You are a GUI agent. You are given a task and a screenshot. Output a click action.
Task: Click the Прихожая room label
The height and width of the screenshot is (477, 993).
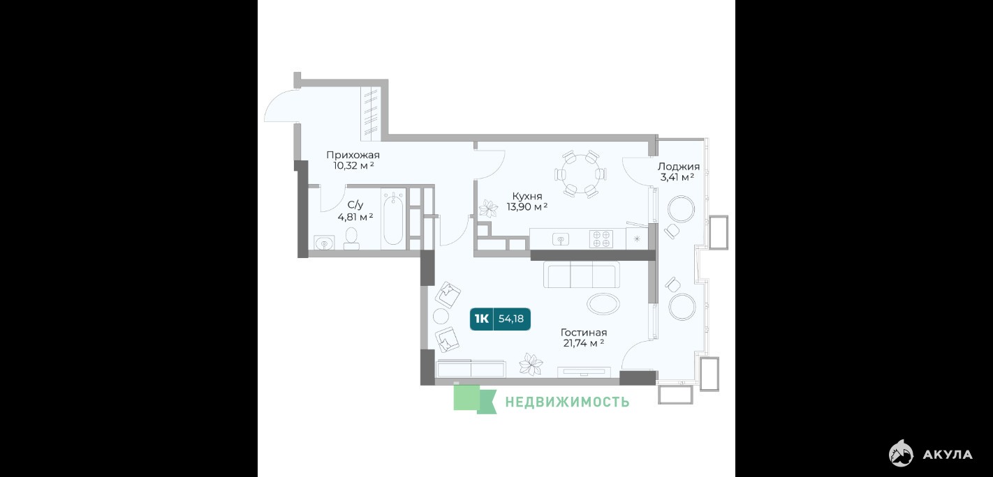tap(353, 155)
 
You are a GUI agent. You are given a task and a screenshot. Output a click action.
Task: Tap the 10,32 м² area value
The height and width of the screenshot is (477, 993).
tap(353, 166)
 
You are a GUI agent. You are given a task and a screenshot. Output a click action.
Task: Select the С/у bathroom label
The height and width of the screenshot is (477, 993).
tap(355, 204)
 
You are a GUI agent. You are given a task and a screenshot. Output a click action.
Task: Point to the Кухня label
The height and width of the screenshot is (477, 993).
tap(527, 196)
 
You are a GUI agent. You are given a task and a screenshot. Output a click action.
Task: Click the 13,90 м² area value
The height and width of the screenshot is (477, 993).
tap(527, 207)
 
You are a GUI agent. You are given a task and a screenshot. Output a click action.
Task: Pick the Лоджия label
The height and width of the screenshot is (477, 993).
tap(678, 167)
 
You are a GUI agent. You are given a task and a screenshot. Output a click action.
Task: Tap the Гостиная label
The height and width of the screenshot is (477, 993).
tap(583, 332)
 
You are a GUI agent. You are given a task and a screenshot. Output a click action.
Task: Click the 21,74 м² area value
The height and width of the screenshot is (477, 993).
tap(583, 343)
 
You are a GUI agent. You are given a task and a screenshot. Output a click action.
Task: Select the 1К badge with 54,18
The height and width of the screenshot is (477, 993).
tap(500, 319)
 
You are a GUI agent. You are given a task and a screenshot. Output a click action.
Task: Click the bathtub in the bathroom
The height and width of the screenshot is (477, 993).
tap(393, 219)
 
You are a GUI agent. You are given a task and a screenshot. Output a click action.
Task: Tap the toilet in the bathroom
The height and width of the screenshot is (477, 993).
tap(351, 238)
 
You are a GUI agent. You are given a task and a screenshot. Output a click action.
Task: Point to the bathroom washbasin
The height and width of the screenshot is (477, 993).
tap(325, 243)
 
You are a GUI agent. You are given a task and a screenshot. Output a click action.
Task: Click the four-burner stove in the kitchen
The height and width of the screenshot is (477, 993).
tap(601, 239)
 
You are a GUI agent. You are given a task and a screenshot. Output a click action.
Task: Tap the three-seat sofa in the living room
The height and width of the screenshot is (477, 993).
tap(582, 275)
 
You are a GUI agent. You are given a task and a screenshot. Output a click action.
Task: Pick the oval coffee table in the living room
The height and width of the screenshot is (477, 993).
tap(603, 304)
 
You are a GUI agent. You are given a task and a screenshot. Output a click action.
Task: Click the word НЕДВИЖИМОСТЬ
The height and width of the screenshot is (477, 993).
tap(567, 402)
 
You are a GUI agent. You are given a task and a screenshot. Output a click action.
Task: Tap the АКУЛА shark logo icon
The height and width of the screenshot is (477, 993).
tap(901, 453)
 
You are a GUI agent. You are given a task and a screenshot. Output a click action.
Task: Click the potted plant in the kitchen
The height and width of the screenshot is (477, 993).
tap(488, 209)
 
